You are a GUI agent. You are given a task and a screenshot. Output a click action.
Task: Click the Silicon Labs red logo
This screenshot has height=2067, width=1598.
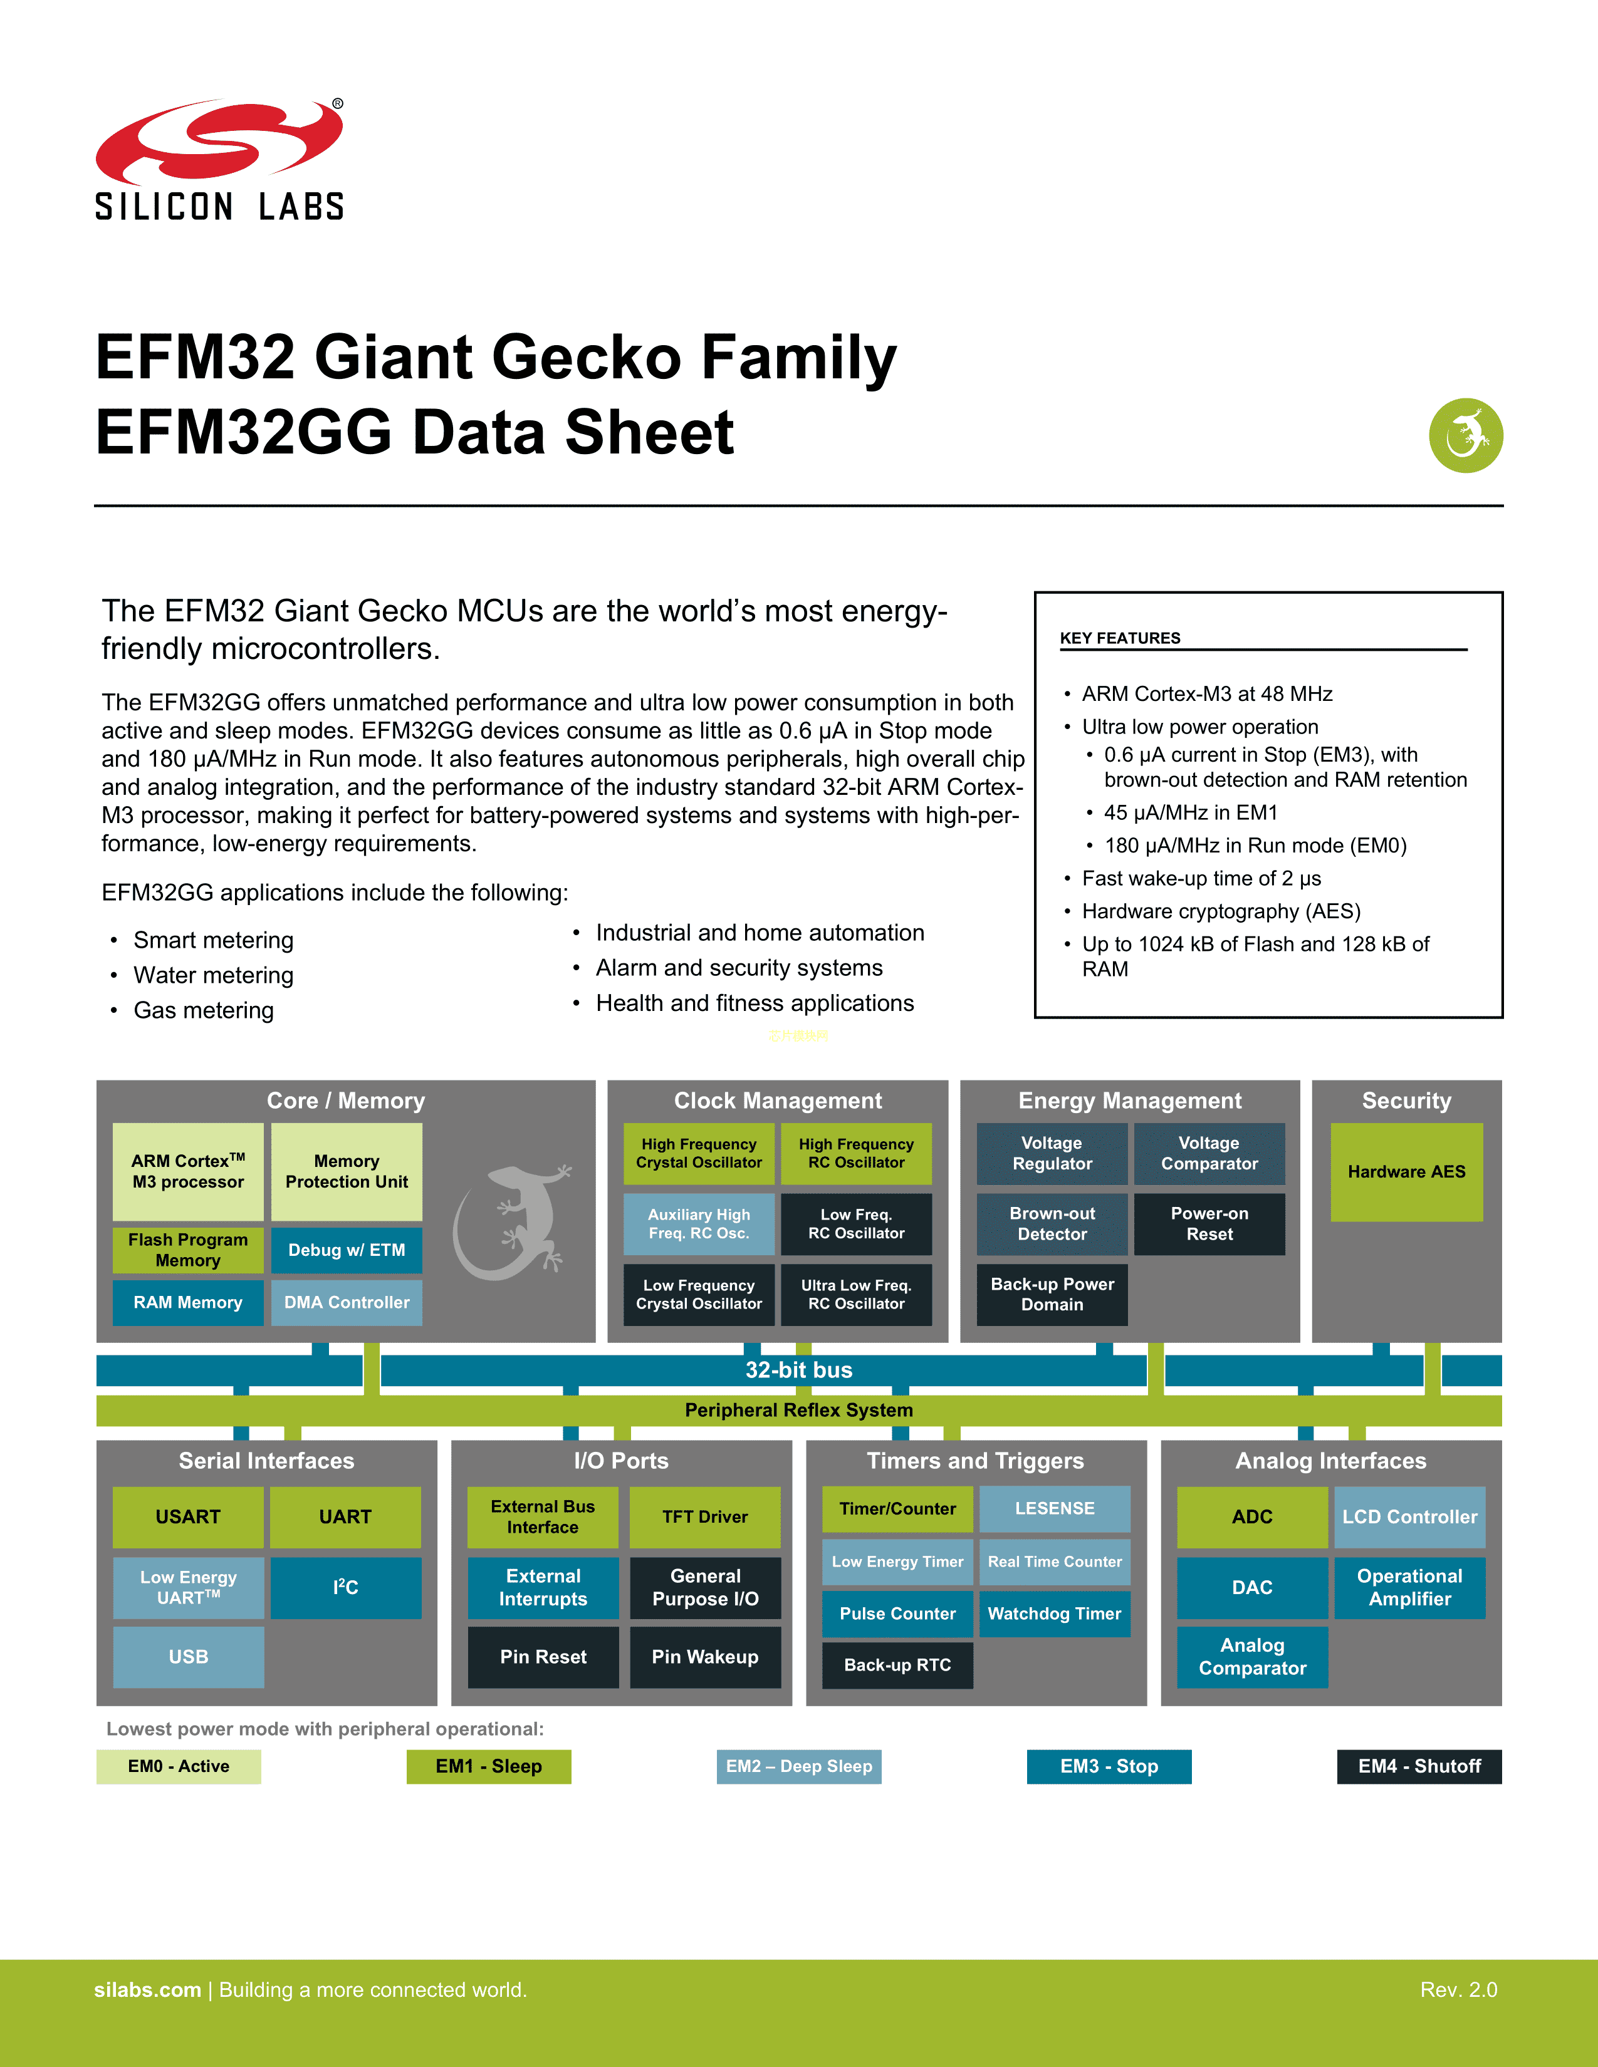pos(219,142)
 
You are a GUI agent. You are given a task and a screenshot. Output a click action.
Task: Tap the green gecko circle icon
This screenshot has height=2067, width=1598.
pos(1466,435)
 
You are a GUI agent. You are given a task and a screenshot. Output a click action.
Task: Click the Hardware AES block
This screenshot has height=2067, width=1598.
pos(1406,1172)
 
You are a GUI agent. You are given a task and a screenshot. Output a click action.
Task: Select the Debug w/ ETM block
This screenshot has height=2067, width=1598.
pos(347,1250)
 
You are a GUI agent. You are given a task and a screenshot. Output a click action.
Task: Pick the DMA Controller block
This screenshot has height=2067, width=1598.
pos(347,1302)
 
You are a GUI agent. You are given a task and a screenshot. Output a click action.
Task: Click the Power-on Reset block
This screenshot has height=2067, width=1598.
pos(1209,1224)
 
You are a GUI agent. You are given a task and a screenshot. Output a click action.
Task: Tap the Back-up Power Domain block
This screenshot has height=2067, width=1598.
pos(1052,1295)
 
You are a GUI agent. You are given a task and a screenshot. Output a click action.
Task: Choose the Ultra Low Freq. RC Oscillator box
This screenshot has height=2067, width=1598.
pos(856,1295)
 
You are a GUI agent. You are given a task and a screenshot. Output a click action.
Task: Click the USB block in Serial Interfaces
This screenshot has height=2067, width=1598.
pos(189,1656)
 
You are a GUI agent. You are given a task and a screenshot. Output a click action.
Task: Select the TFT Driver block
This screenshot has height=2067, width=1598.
pos(704,1517)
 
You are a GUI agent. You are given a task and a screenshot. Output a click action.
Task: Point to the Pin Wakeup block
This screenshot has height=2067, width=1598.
pos(704,1656)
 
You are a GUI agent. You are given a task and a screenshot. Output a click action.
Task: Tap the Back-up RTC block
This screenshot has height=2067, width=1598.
pos(897,1665)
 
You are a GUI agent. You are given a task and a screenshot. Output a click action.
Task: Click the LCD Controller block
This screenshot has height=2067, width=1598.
pos(1409,1517)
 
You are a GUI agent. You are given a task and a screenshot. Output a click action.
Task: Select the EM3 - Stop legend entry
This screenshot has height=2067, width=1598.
pos(1109,1766)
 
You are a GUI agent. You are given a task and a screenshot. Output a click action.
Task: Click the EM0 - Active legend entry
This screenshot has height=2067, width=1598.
pos(178,1766)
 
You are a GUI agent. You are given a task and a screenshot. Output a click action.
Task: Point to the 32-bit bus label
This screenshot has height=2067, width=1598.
pos(799,1369)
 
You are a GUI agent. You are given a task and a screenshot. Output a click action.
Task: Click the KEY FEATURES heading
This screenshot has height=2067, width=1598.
pos(1120,638)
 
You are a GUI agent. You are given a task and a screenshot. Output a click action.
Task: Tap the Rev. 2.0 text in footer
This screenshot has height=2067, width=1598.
pos(1458,1989)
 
